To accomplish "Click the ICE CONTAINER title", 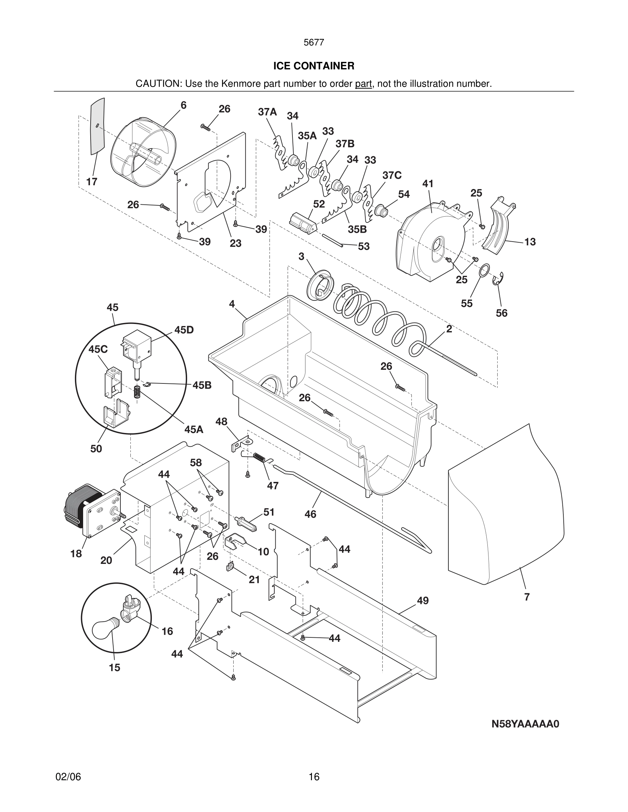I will pos(314,66).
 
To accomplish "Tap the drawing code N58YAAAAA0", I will pos(525,724).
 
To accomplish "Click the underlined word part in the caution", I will pos(364,84).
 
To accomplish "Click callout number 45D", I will pos(184,330).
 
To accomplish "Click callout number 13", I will pos(530,242).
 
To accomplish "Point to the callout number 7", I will pos(527,597).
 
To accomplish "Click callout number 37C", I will pos(392,175).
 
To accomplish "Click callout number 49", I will pos(423,600).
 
